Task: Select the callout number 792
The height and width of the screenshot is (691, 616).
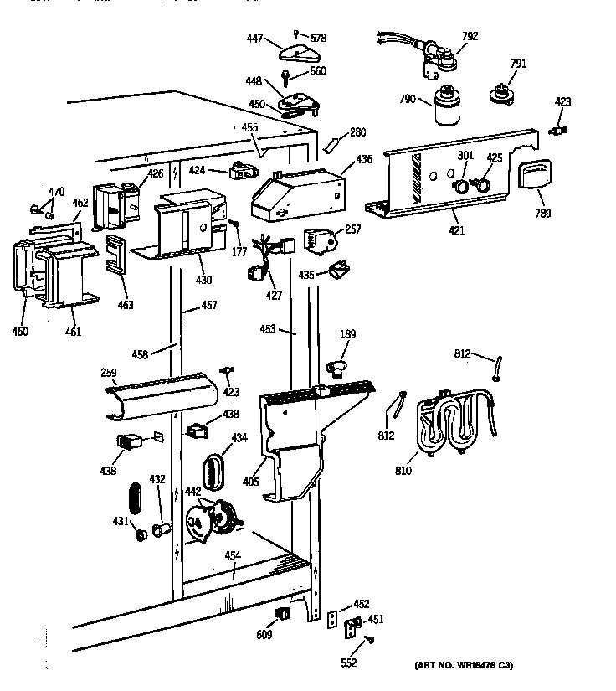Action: tap(470, 36)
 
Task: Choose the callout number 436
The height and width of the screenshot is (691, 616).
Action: tap(364, 159)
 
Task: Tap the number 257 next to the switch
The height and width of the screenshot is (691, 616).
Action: tap(353, 229)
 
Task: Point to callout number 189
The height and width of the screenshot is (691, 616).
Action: tap(347, 335)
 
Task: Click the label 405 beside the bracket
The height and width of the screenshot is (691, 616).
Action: tap(250, 482)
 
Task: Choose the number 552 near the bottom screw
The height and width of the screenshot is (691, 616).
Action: tap(348, 663)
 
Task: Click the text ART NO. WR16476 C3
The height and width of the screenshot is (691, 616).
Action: tap(464, 665)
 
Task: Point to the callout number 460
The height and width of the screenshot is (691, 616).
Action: tap(20, 332)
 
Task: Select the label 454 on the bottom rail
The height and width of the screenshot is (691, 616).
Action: tap(233, 555)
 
